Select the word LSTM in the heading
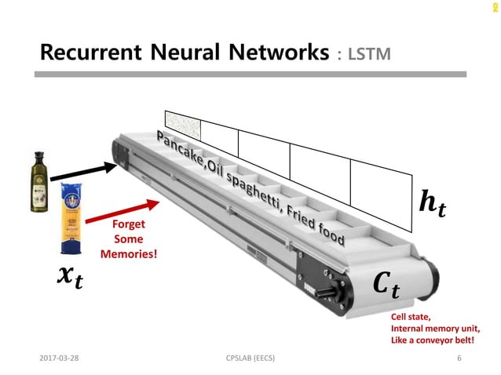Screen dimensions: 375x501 [368, 54]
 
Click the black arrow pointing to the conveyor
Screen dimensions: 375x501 [86, 171]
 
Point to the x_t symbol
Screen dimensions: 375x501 [70, 277]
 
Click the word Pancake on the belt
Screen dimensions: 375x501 [179, 147]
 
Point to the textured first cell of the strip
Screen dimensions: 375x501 [183, 125]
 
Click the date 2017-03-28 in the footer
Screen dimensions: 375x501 [59, 359]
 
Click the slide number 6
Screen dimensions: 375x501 [459, 359]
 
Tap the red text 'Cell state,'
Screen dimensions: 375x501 [411, 317]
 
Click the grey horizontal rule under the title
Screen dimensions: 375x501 [252, 75]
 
